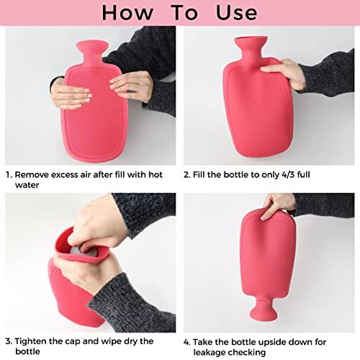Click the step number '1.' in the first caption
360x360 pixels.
coord(9,174)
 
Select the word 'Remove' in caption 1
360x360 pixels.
coord(33,174)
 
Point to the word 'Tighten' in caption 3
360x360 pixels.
coord(34,341)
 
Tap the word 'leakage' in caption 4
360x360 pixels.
coord(215,352)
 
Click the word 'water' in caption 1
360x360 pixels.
coord(28,186)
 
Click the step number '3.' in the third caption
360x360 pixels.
coord(9,341)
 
